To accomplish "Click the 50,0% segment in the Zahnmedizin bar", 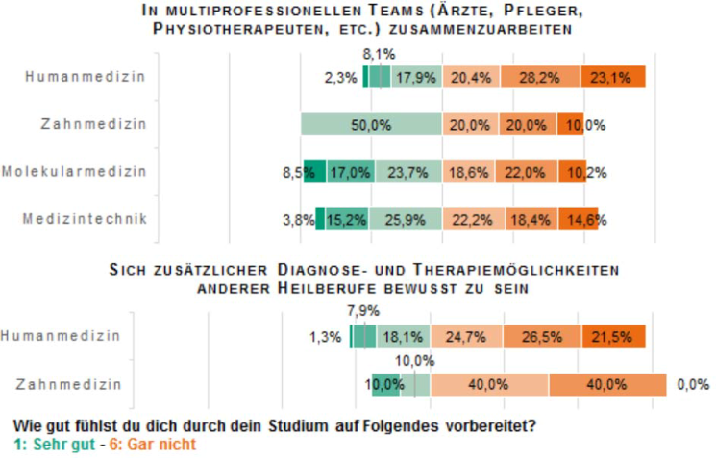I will point(371,125).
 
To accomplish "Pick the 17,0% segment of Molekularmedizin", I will point(347,173).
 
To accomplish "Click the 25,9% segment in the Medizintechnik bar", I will point(407,220).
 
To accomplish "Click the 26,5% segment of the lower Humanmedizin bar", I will point(545,337).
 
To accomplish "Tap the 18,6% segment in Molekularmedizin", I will point(468,173).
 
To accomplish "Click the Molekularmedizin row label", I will point(74,172).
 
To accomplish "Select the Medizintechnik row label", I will point(85,219).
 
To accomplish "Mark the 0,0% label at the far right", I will point(693,384).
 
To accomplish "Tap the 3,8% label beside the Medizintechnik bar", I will point(299,220).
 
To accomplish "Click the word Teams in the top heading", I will point(318,12).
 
